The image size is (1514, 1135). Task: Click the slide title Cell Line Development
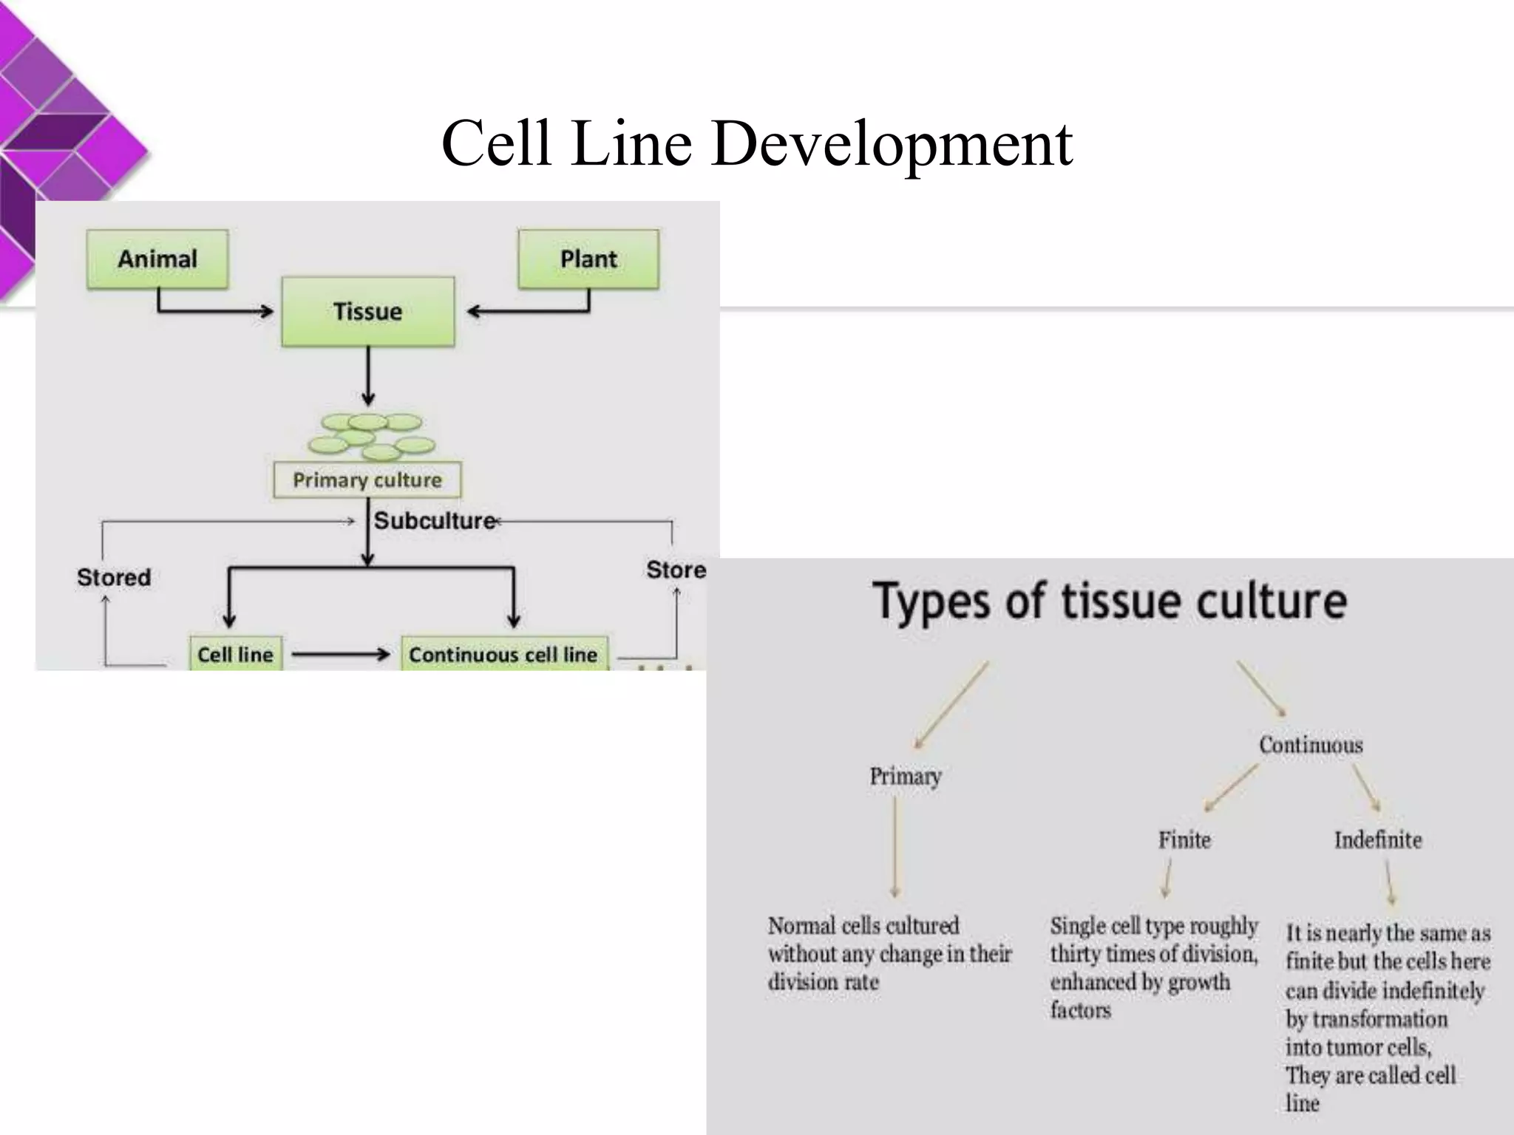pyautogui.click(x=756, y=143)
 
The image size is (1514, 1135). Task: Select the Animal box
pyautogui.click(x=157, y=259)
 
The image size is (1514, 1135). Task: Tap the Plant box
pyautogui.click(x=588, y=259)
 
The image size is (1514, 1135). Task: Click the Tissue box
pyautogui.click(x=367, y=311)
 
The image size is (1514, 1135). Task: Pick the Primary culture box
pyautogui.click(x=367, y=480)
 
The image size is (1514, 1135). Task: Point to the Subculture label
pyautogui.click(x=435, y=521)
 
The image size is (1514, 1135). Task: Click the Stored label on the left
pyautogui.click(x=114, y=577)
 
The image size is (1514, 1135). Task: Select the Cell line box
pyautogui.click(x=235, y=654)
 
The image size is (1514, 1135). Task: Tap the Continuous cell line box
pyautogui.click(x=503, y=654)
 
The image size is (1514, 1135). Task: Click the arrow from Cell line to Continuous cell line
pyautogui.click(x=341, y=654)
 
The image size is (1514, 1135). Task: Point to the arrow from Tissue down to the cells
pyautogui.click(x=368, y=377)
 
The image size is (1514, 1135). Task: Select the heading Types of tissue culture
pyautogui.click(x=1110, y=601)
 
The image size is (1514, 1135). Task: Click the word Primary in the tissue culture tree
pyautogui.click(x=906, y=777)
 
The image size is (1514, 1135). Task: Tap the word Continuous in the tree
pyautogui.click(x=1311, y=745)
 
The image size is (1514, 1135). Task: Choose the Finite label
pyautogui.click(x=1184, y=840)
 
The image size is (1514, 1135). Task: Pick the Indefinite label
pyautogui.click(x=1378, y=840)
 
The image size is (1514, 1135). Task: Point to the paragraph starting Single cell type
pyautogui.click(x=1153, y=967)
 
